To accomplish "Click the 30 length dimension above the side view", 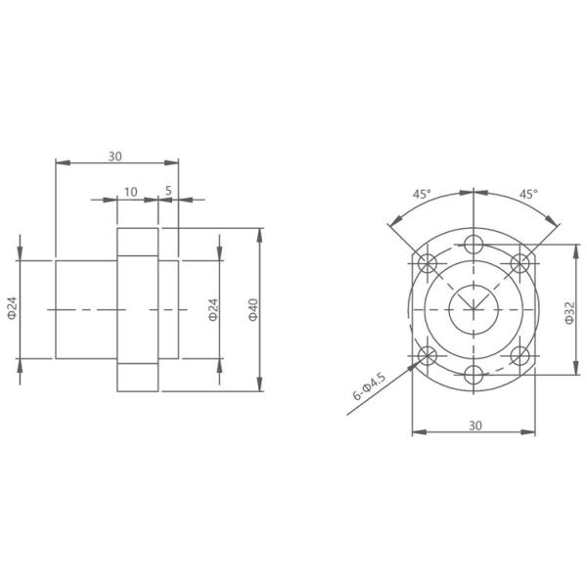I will click(x=115, y=156).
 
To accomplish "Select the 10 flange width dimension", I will click(x=131, y=191).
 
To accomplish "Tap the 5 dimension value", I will click(x=168, y=191).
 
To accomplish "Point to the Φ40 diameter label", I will click(x=251, y=310).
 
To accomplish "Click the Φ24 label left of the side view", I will click(x=12, y=310).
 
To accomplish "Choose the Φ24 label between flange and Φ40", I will click(x=212, y=310).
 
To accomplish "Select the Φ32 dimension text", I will click(x=570, y=310).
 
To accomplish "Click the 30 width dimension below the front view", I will click(x=474, y=427).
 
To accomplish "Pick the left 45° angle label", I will click(x=421, y=195).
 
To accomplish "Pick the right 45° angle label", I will click(x=528, y=195).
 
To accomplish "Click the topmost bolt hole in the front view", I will click(x=474, y=244).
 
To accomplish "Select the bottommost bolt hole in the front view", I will click(x=474, y=376).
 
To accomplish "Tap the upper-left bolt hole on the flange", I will click(x=427, y=262).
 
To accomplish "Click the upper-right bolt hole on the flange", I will click(x=521, y=262).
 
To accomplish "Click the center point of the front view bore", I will click(x=474, y=310).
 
